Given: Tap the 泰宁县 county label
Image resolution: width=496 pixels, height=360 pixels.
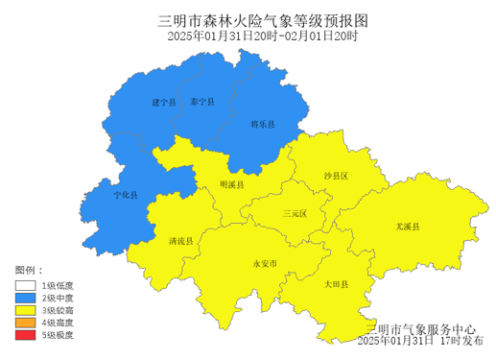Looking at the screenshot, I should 202,101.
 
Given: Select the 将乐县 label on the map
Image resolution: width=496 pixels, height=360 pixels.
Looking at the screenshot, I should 263,125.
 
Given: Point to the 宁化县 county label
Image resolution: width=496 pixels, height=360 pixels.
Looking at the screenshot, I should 126,195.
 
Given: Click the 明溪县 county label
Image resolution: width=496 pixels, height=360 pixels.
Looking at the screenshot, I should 232,183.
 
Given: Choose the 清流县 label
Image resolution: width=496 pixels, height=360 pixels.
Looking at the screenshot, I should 180,241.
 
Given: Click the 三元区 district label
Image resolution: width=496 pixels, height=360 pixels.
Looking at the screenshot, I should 295,214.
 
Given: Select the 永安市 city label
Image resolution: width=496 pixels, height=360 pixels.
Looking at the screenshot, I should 264,262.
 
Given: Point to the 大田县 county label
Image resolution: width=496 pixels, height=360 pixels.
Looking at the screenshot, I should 336,285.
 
